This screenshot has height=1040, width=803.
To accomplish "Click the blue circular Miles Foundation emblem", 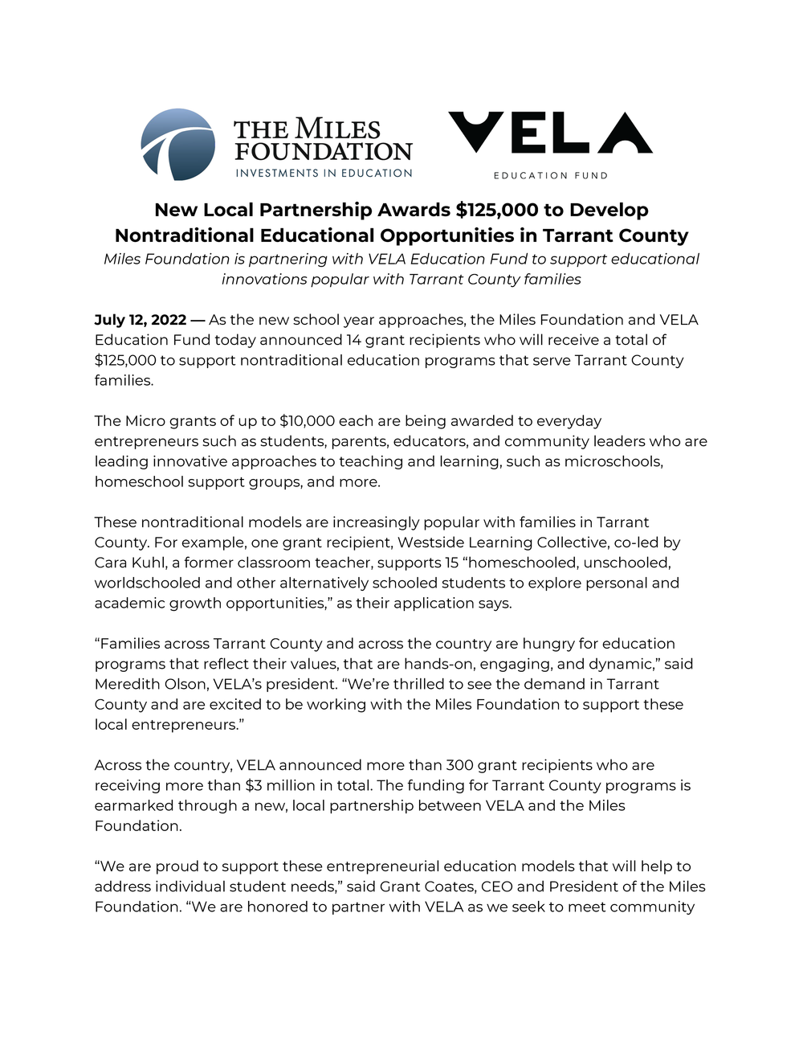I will (x=177, y=145).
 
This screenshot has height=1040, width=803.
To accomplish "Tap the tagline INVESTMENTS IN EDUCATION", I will (x=324, y=173).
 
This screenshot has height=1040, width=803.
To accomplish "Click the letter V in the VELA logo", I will (x=475, y=132).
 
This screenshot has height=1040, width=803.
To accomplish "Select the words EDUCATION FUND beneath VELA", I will (x=550, y=175).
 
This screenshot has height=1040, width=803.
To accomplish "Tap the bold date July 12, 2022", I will (x=141, y=320).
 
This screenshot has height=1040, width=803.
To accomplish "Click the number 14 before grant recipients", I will (x=353, y=340).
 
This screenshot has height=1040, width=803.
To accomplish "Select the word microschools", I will (x=613, y=461).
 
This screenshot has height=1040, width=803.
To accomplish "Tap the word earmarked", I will (x=132, y=805).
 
